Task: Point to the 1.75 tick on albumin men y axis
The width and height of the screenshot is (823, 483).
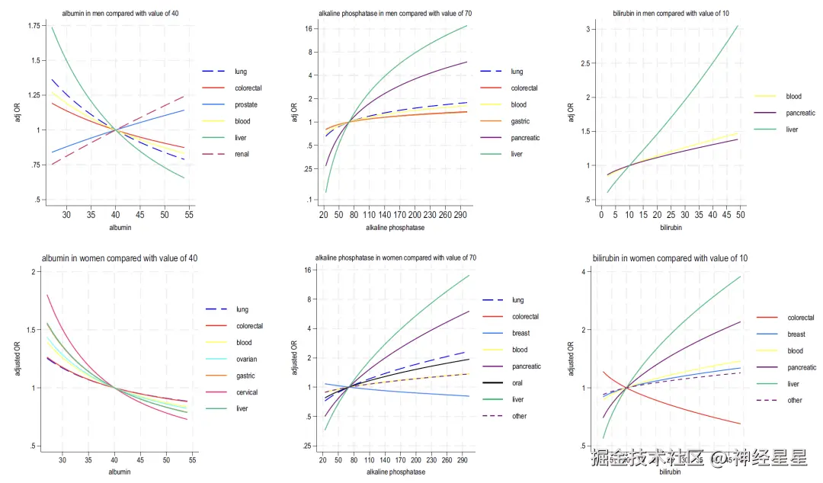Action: click(34, 26)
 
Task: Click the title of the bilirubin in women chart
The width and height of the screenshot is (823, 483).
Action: click(670, 259)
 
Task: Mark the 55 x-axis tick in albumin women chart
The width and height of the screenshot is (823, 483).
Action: click(193, 461)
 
